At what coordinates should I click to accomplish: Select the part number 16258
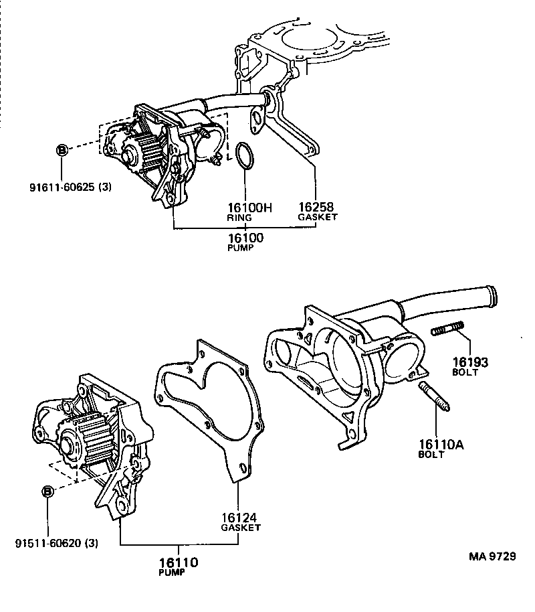click(316, 208)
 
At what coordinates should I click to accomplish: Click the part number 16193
click(470, 362)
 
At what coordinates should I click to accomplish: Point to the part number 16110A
click(440, 444)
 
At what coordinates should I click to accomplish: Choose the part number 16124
click(239, 518)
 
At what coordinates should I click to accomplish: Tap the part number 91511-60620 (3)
click(56, 543)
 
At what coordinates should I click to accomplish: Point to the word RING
click(239, 218)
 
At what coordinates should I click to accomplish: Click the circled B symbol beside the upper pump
click(62, 151)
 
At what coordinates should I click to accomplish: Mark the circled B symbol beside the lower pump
click(48, 492)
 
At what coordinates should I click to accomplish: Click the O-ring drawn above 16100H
click(244, 155)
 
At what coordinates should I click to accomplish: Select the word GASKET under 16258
click(318, 217)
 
